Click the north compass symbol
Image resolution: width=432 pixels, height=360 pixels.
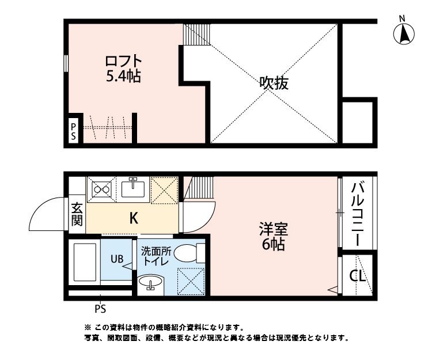click(x=404, y=33)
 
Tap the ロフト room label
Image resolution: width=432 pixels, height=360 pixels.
click(x=123, y=60)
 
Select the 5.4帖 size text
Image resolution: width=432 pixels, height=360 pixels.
click(x=123, y=75)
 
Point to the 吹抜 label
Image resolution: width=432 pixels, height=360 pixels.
click(x=273, y=83)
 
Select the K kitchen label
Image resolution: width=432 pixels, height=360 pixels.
click(x=133, y=218)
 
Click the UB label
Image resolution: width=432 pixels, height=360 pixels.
click(x=117, y=259)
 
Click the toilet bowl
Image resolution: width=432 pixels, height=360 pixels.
click(x=188, y=252)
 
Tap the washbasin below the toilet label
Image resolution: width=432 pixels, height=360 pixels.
click(x=151, y=283)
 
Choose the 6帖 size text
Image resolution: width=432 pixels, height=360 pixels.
click(x=273, y=244)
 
